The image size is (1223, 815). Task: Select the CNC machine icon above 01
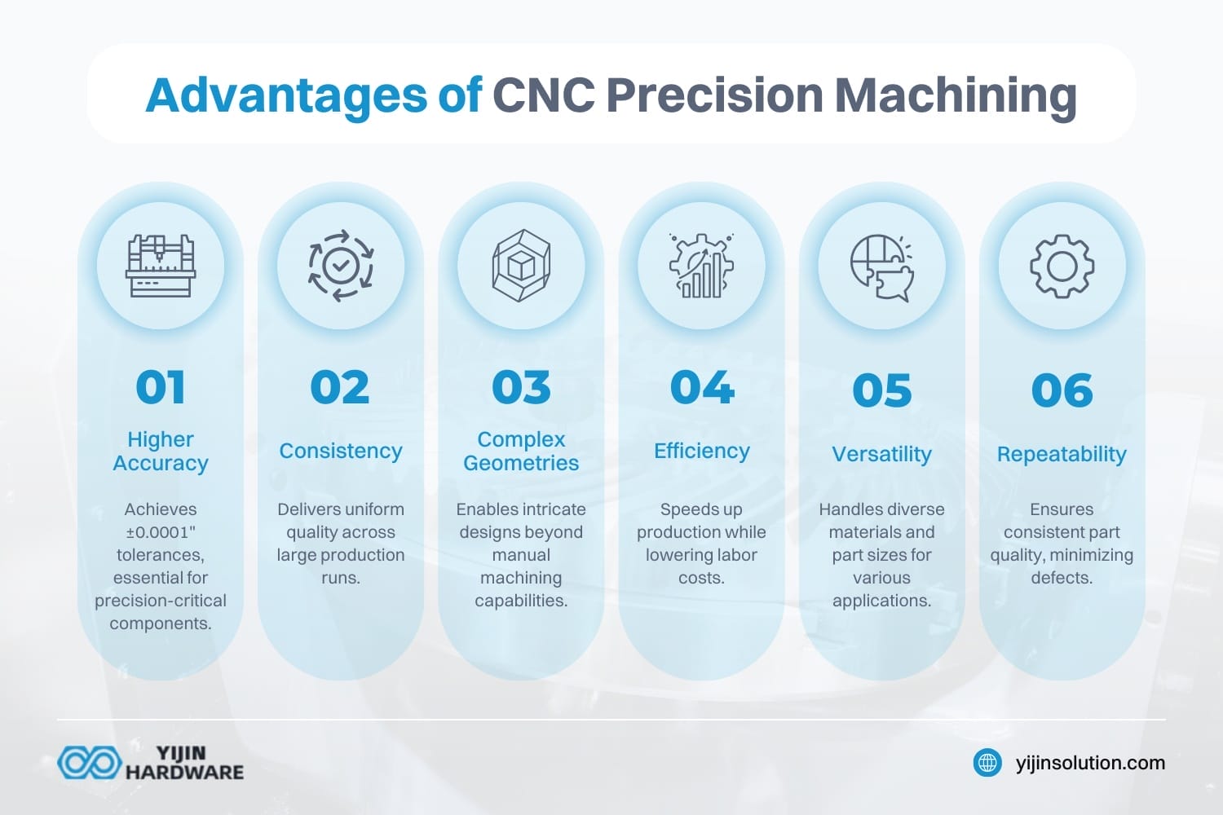coord(161,266)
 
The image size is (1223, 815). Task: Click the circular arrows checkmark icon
coord(341,266)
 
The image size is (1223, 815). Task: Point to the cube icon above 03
coord(521,266)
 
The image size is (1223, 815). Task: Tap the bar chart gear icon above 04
coord(701,266)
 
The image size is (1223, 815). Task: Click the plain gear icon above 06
coord(1062,266)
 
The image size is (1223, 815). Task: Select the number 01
coord(161,387)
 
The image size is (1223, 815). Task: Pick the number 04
coord(702,387)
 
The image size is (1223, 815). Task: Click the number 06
coord(1062,390)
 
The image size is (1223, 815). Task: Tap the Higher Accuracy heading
coord(161,451)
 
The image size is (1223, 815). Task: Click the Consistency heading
coord(341,451)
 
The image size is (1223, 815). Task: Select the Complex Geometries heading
coord(521,451)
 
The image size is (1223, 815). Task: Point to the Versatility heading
coord(881,454)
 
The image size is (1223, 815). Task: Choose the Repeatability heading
coord(1062,454)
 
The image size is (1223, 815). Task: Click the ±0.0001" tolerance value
coord(161,532)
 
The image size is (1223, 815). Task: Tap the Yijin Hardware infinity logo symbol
coord(88,763)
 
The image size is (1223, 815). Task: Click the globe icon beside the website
coord(988,763)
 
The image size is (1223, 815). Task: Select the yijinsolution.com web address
coord(1090,763)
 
